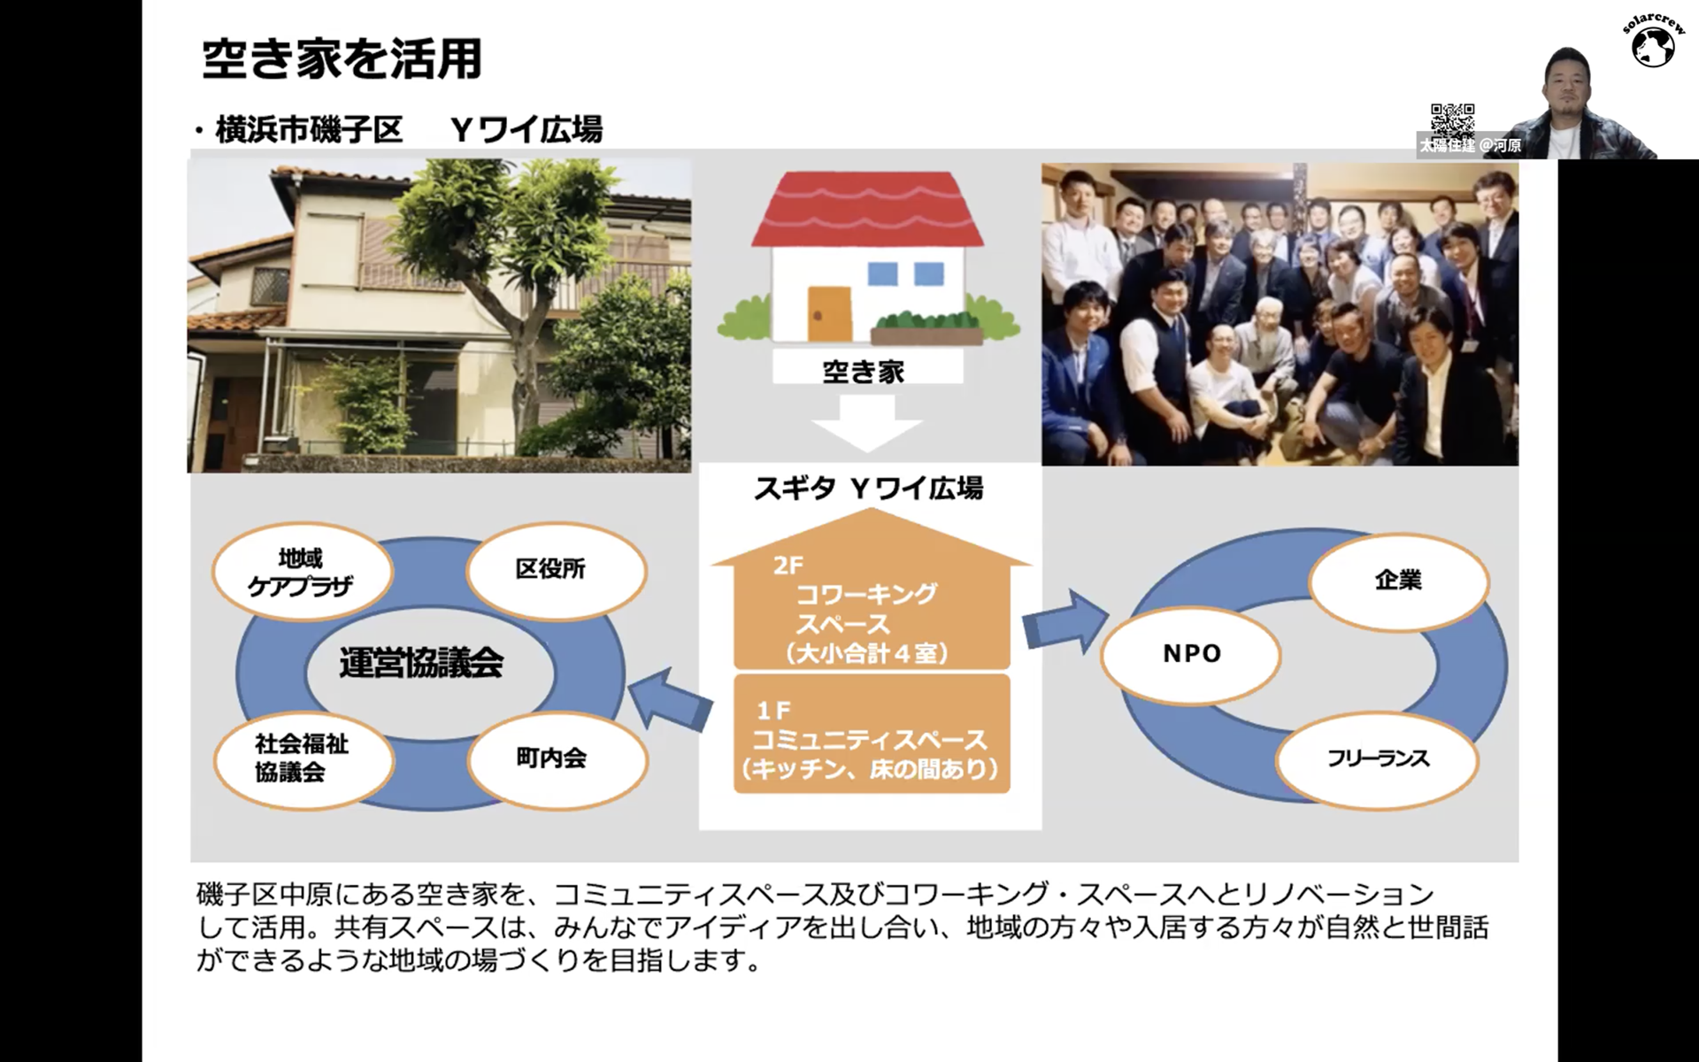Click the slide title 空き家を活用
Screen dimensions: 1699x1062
point(342,59)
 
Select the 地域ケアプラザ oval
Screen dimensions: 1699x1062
point(302,572)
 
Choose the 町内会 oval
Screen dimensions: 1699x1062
point(557,758)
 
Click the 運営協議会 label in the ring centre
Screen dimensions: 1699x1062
point(421,663)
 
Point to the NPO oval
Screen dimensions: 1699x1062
point(1191,654)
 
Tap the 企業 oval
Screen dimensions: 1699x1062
point(1399,581)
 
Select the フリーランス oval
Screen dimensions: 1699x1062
point(1378,759)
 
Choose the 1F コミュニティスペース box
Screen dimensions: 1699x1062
point(872,734)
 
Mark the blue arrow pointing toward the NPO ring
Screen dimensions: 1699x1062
point(1065,622)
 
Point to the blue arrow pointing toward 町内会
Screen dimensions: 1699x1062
point(669,700)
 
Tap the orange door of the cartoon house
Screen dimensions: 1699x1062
point(829,313)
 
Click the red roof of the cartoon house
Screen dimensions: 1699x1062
point(867,209)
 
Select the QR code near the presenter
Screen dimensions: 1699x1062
point(1452,119)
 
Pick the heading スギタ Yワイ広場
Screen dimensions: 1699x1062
point(868,489)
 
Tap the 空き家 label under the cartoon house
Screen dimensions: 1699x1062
point(864,371)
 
